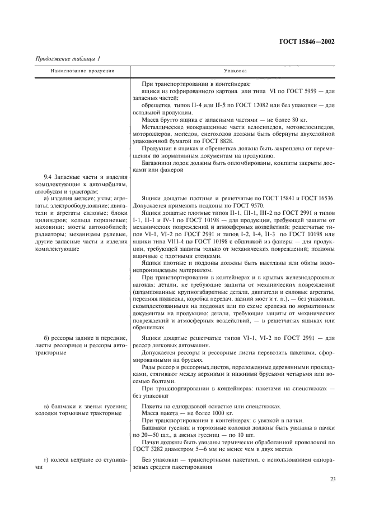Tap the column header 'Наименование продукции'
coord(82,72)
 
